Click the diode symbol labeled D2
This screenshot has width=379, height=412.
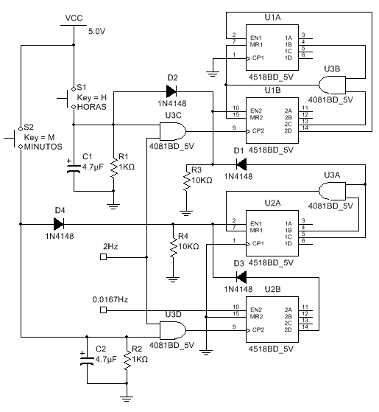click(171, 91)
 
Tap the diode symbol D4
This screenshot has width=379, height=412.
click(58, 224)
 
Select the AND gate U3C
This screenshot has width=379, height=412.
click(173, 131)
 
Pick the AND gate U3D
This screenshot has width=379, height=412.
click(173, 330)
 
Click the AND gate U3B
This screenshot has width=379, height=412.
click(333, 85)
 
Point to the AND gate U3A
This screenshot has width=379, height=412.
click(333, 191)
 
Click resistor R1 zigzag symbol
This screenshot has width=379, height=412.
click(113, 168)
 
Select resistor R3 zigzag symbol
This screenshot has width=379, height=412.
click(186, 181)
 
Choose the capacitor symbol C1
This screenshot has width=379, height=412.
click(74, 167)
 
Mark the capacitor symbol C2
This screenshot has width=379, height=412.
click(87, 360)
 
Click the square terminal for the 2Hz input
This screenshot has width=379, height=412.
click(103, 256)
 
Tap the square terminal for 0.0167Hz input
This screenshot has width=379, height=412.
click(103, 310)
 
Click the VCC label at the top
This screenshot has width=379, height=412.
click(74, 18)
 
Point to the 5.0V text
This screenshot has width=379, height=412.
click(97, 32)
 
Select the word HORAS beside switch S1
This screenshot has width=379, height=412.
click(92, 107)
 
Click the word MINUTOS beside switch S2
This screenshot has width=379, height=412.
click(43, 147)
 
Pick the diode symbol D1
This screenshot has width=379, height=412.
click(241, 164)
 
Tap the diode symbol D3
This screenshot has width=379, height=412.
click(241, 277)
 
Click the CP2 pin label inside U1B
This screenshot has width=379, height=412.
click(258, 130)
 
